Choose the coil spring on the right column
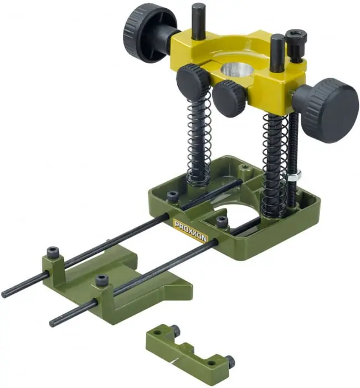pos(274,166)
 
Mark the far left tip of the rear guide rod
pos(6,293)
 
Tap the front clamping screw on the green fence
pos(101,280)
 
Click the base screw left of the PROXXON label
pos(172,196)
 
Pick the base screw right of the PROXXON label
pos(222,221)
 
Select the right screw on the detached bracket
pos(229,362)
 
